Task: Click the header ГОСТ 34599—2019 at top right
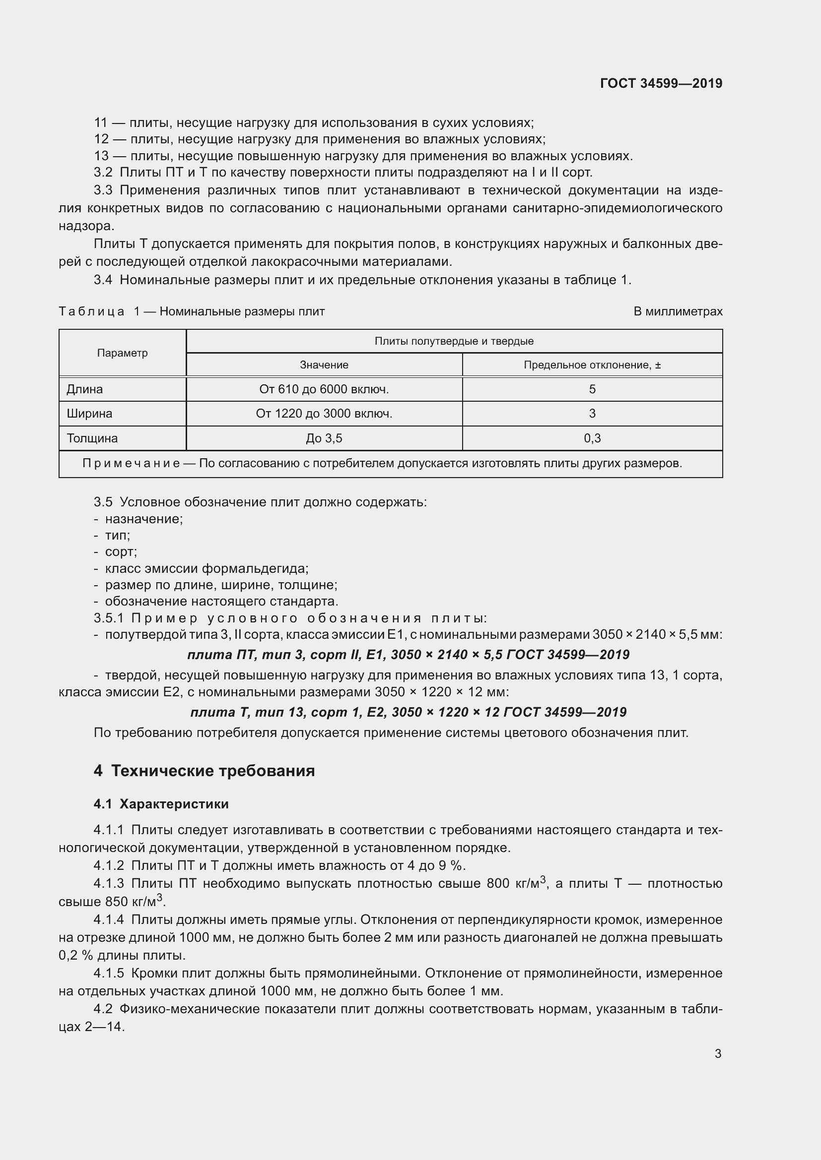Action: (x=661, y=83)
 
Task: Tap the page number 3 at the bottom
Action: (x=718, y=1053)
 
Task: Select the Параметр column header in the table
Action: (x=122, y=353)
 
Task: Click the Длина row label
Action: (x=85, y=389)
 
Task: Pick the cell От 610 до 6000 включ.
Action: (x=324, y=389)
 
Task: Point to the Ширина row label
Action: (x=89, y=413)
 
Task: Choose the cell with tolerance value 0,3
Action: (x=592, y=438)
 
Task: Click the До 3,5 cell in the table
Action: (x=324, y=438)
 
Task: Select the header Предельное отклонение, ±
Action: (x=592, y=365)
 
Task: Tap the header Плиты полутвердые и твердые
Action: (x=454, y=341)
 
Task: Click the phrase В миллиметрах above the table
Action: (x=678, y=311)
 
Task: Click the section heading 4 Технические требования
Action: (x=204, y=771)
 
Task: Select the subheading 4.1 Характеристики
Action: (x=161, y=804)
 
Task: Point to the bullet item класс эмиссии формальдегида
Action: (x=206, y=568)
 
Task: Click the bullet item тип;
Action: (x=117, y=535)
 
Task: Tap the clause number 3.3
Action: (x=103, y=190)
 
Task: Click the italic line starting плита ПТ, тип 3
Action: (x=408, y=655)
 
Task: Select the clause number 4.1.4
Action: (x=109, y=919)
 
